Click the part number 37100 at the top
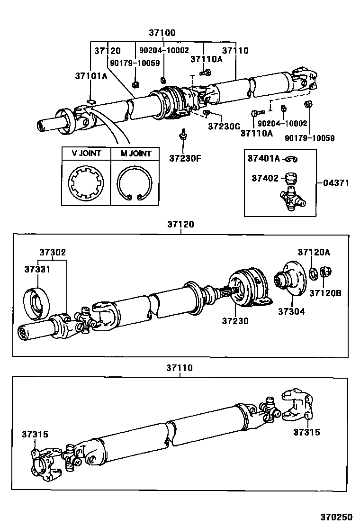[x=162, y=33]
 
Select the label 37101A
[x=91, y=76]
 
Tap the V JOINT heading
[x=86, y=154]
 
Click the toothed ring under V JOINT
[x=86, y=183]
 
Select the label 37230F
[x=185, y=158]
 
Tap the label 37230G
[x=225, y=127]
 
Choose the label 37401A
[x=264, y=159]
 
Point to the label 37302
[x=52, y=253]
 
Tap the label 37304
[x=291, y=311]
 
